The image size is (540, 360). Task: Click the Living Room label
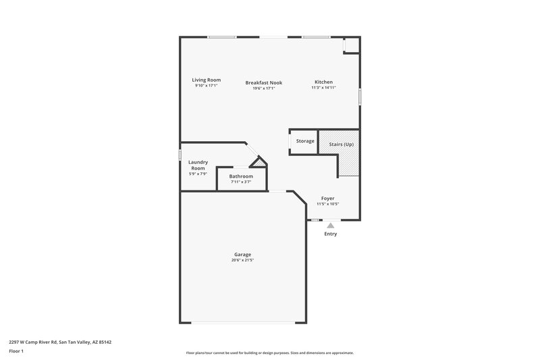pyautogui.click(x=207, y=80)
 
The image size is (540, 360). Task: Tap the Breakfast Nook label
pyautogui.click(x=263, y=82)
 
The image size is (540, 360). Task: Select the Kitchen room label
pyautogui.click(x=323, y=82)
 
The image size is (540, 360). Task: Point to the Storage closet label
pyautogui.click(x=305, y=141)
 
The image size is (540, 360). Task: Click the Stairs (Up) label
pyautogui.click(x=341, y=145)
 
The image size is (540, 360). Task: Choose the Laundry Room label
pyautogui.click(x=198, y=165)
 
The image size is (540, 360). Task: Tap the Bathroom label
pyautogui.click(x=241, y=176)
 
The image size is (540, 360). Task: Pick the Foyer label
pyautogui.click(x=327, y=199)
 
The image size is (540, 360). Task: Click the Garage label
pyautogui.click(x=242, y=255)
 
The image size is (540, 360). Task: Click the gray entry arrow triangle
pyautogui.click(x=330, y=226)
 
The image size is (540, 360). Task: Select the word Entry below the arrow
pyautogui.click(x=330, y=234)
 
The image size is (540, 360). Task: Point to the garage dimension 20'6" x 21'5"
pyautogui.click(x=242, y=260)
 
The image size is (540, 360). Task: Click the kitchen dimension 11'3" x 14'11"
pyautogui.click(x=323, y=88)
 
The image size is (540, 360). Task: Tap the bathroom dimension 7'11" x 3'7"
pyautogui.click(x=241, y=182)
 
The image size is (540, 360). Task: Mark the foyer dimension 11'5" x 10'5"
pyautogui.click(x=327, y=204)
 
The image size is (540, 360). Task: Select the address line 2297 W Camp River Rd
pyautogui.click(x=59, y=342)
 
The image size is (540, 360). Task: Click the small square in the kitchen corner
pyautogui.click(x=351, y=45)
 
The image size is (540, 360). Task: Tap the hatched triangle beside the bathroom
pyautogui.click(x=260, y=163)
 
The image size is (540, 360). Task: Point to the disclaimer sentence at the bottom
pyautogui.click(x=270, y=353)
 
